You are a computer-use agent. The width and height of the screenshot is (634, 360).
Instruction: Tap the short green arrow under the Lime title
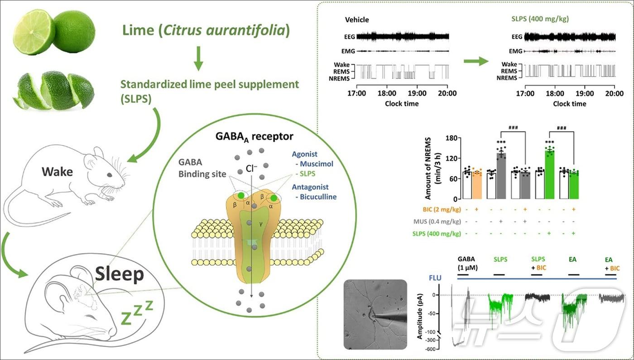(198, 58)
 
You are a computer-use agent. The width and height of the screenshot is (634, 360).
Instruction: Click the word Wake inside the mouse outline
(58, 172)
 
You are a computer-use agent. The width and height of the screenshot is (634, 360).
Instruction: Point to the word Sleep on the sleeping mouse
(120, 274)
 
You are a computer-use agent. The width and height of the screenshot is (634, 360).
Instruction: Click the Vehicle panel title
(357, 19)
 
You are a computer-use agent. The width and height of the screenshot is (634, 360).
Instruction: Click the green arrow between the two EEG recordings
(477, 61)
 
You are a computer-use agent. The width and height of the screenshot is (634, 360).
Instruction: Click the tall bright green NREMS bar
(549, 174)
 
